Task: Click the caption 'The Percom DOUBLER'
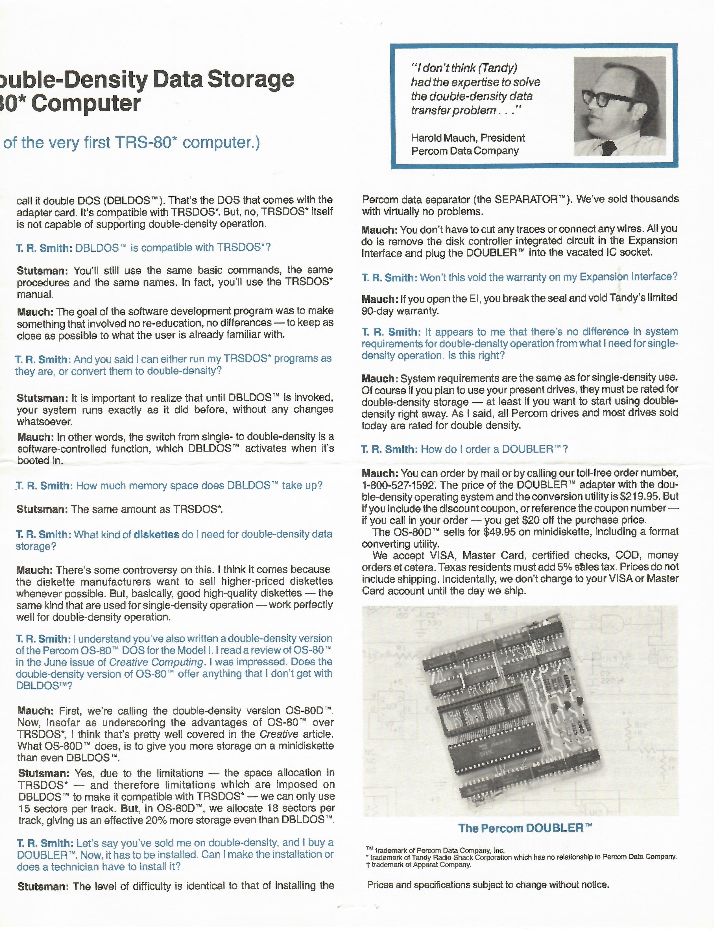coord(525,828)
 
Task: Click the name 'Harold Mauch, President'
coord(468,138)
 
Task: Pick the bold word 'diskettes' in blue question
coord(156,534)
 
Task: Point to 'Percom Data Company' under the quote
coord(465,151)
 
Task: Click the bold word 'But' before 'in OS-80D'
coord(129,808)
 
